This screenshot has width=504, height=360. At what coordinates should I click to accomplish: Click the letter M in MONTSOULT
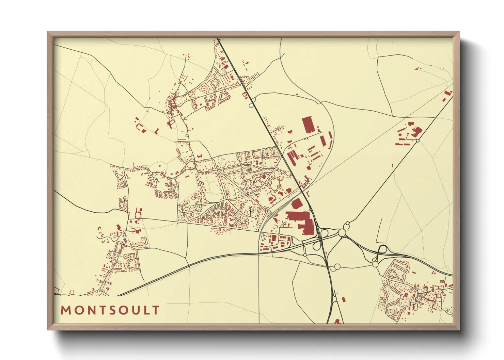(65, 310)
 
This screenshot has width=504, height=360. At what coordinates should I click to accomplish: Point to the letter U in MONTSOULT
(135, 310)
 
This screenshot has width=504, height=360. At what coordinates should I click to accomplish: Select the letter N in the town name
(88, 310)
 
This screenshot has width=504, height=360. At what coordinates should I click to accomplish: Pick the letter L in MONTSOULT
(146, 310)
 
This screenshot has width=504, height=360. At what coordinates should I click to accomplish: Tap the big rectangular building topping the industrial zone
(308, 125)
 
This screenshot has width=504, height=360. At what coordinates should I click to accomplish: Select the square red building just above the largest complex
(296, 204)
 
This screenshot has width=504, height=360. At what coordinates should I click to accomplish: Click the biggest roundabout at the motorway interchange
(342, 233)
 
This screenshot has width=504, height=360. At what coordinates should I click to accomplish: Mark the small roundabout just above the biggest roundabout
(347, 224)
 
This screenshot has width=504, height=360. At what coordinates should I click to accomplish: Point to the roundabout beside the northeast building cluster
(418, 141)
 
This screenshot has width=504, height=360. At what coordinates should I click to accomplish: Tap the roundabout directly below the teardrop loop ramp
(375, 264)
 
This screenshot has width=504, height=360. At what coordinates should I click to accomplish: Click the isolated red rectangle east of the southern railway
(344, 299)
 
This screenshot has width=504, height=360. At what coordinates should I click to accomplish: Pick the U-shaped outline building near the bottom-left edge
(72, 292)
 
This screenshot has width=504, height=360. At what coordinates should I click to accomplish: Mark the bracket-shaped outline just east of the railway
(308, 194)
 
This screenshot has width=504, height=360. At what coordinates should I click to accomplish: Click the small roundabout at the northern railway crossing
(251, 106)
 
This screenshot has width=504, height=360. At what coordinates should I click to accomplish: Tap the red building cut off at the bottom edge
(337, 321)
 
